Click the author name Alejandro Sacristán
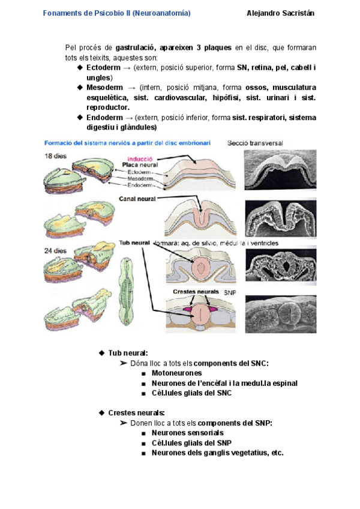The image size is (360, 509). tap(280, 13)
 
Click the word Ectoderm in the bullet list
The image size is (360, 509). tap(103, 68)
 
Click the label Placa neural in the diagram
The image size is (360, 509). tap(140, 164)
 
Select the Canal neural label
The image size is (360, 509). tap(138, 199)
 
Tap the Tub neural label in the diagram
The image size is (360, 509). tap(134, 243)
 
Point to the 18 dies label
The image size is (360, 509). tap(55, 156)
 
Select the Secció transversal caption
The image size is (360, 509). tap(255, 143)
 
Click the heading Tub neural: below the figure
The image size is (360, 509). tap(128, 352)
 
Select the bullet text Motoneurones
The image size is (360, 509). tap(177, 373)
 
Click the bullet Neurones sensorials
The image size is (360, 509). tap(188, 432)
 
